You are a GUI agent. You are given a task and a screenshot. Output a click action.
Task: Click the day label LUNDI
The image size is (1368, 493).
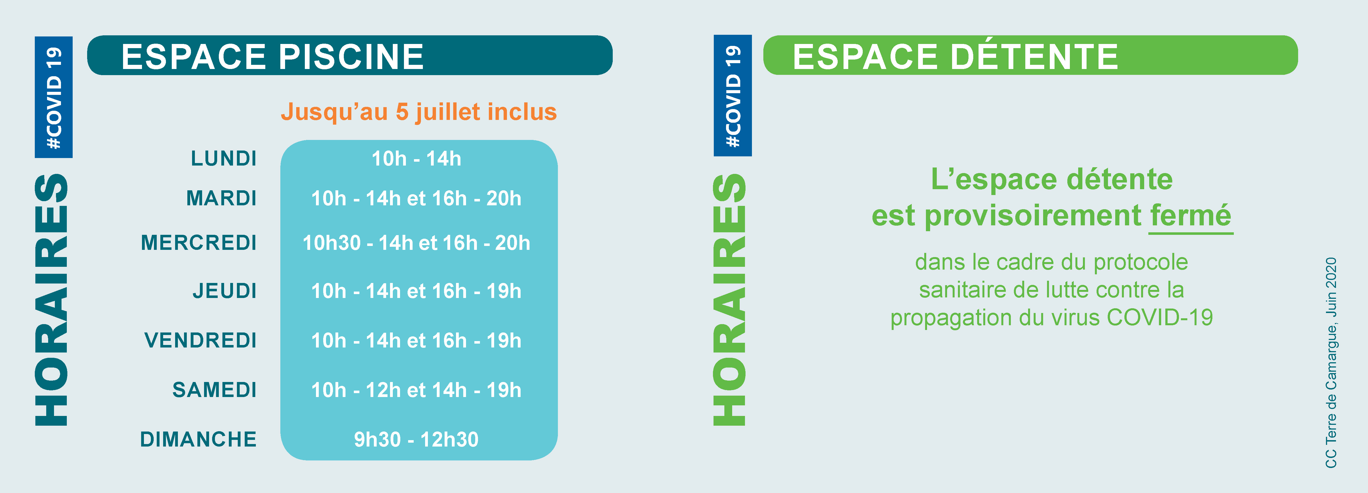[224, 158]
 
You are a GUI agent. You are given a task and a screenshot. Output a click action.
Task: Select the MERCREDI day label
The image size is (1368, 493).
[198, 243]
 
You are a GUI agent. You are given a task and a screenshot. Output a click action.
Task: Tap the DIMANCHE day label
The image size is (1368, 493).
[198, 439]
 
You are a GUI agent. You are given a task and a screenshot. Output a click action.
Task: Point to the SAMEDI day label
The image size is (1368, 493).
[215, 390]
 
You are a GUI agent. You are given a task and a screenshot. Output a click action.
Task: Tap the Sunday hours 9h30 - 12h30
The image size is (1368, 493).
[416, 439]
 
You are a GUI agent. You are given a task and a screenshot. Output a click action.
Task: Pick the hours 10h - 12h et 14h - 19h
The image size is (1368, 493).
[416, 390]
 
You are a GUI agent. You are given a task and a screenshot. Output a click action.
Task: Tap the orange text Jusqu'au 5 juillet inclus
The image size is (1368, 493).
[419, 112]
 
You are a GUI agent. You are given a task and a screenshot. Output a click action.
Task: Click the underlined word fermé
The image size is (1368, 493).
[1191, 215]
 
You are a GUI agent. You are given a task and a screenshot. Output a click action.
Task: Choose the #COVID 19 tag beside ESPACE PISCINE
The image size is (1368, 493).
[54, 97]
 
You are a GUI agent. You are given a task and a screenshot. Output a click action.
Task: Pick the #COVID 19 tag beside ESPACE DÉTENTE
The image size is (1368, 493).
[733, 95]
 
